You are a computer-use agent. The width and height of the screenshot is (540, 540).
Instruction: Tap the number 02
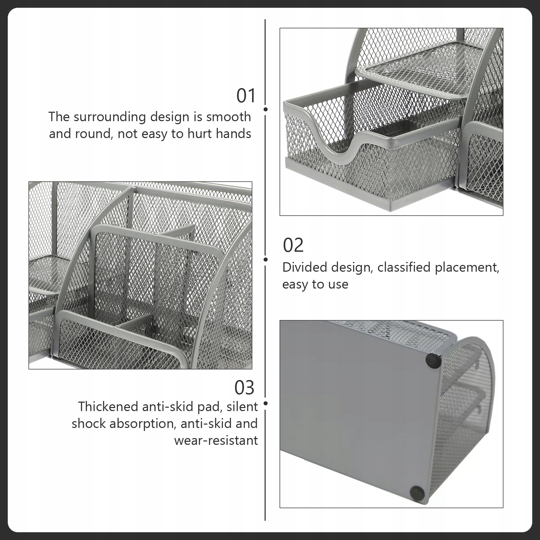click(293, 245)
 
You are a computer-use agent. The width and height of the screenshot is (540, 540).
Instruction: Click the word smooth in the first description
click(229, 117)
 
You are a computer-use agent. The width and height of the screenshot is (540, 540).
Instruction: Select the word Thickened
click(109, 407)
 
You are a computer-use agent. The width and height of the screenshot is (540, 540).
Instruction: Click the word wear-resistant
click(216, 440)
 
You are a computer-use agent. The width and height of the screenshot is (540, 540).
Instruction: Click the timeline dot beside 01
click(266, 109)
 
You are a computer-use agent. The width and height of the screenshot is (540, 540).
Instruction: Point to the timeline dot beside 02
click(266, 259)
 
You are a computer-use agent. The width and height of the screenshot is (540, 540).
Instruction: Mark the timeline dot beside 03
click(266, 403)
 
